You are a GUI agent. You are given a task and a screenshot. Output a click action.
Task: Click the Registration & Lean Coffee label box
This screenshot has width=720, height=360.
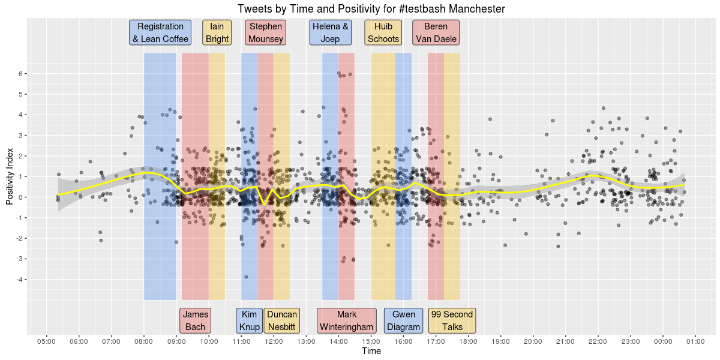coord(160,33)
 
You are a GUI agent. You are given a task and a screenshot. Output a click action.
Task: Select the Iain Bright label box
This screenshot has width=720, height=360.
coord(217,33)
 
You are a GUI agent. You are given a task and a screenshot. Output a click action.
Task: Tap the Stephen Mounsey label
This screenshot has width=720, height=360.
coord(266,33)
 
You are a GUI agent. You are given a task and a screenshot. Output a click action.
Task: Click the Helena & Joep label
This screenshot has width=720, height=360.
coord(331,33)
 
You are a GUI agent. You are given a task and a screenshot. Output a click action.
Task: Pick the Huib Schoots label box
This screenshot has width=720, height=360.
coord(383,33)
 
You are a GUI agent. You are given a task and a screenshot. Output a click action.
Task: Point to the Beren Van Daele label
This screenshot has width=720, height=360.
coord(436,33)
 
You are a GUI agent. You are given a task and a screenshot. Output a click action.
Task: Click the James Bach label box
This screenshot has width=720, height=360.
coord(195,321)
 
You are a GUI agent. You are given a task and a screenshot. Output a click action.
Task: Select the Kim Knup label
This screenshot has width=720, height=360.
coord(250,321)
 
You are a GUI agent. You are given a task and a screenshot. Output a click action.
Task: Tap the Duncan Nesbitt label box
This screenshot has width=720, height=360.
coord(281,321)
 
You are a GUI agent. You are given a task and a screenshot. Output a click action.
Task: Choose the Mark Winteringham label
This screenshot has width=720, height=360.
coord(347,321)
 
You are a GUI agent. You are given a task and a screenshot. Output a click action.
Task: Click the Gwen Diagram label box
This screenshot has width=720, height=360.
coord(403,321)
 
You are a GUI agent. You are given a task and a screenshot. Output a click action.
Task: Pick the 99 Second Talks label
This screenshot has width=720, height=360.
coord(452,321)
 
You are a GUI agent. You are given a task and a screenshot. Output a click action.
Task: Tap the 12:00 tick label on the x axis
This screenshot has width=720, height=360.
coord(274,341)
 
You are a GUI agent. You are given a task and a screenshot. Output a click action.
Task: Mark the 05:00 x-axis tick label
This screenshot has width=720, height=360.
coord(46,341)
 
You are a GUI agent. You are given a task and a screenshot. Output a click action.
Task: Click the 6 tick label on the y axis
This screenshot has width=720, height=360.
coord(20,74)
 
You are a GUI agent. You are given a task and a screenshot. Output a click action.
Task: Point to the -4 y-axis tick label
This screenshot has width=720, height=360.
coord(18,280)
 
